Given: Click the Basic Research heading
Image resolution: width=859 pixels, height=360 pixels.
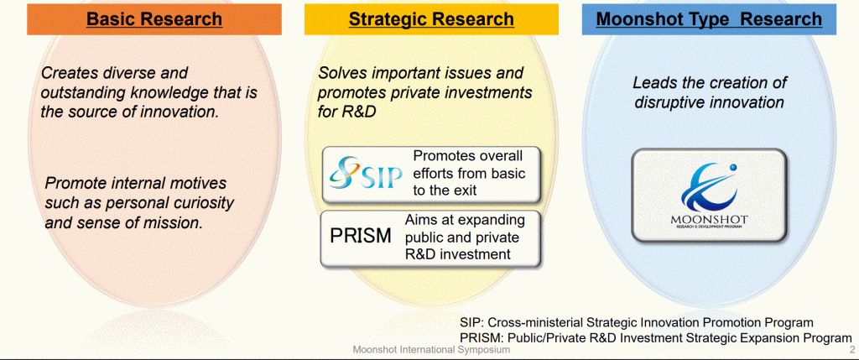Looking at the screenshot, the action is coord(154,19).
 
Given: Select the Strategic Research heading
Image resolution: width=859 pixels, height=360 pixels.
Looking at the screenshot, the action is coord(431,19).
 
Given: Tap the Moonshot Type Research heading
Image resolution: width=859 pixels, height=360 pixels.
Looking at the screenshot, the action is coord(709,19).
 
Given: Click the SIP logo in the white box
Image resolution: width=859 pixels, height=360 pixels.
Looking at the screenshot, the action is coord(366,173).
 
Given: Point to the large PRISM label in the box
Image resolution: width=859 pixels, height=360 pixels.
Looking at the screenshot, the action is coord(361,236).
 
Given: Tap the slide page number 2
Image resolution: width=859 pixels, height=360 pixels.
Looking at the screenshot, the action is coord(852,350).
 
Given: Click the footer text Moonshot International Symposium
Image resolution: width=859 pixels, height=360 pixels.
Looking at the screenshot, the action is coord(431,349).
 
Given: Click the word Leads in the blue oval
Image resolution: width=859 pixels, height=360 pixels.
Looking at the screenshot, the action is coord(653,83).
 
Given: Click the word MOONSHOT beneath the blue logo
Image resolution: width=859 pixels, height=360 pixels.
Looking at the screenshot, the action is coord(710,220).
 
